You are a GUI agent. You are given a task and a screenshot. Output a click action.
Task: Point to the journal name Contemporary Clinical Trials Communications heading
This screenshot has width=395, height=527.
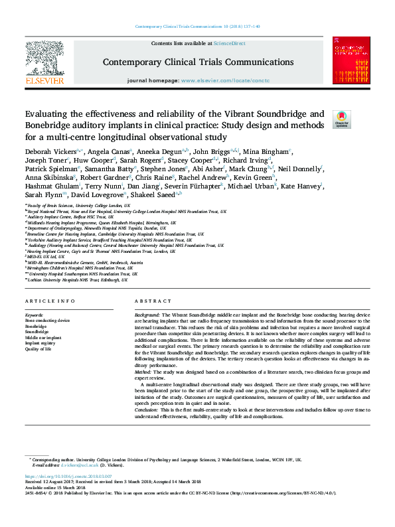click(198, 62)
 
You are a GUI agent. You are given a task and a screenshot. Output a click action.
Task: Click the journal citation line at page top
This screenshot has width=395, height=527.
click(197, 27)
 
